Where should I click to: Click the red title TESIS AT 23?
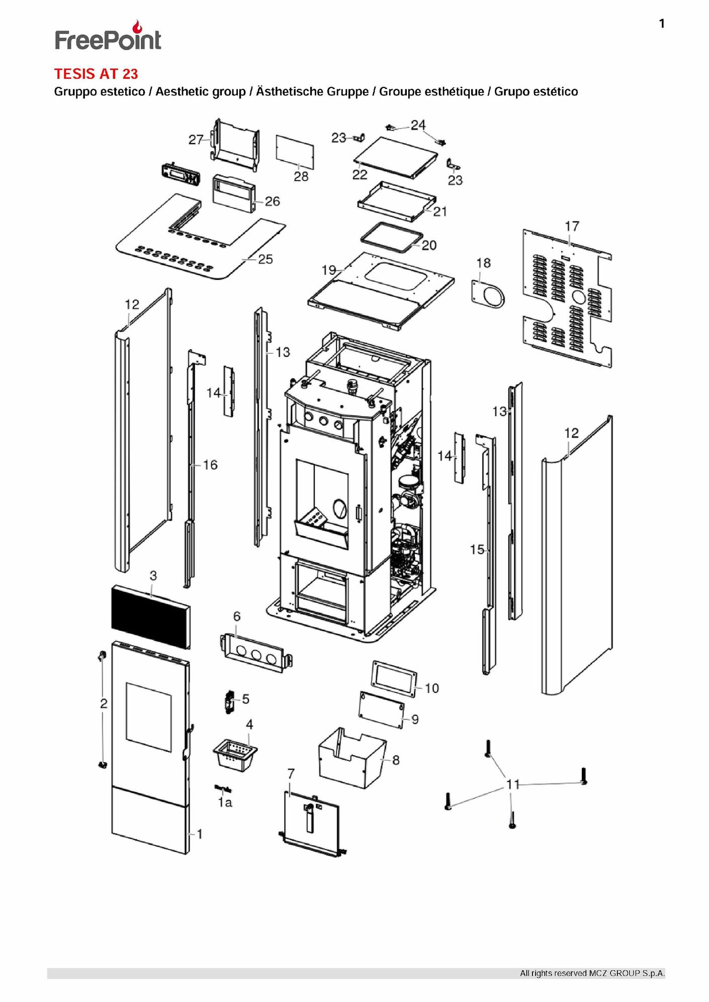point(96,74)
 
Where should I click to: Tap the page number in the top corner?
point(662,24)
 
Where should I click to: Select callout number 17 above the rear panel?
point(572,227)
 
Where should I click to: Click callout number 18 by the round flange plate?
point(483,263)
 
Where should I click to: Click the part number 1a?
point(225,803)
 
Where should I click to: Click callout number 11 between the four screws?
point(512,784)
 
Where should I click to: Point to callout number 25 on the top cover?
point(265,259)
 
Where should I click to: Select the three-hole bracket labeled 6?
point(256,653)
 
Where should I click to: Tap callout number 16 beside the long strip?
point(210,465)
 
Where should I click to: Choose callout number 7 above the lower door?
point(291,774)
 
